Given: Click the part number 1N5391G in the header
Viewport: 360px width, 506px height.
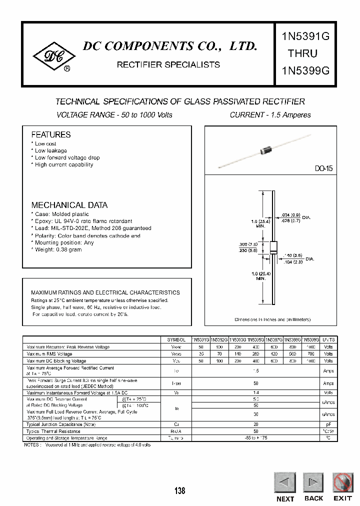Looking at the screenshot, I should tap(302, 36).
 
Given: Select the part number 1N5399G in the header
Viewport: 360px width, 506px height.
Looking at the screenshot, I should tap(302, 70).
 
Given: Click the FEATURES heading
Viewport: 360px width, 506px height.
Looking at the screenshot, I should tap(51, 134).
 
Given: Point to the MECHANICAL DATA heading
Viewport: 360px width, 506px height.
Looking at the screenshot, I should tap(69, 205).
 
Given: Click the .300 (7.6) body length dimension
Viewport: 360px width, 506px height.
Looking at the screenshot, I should tap(247, 244).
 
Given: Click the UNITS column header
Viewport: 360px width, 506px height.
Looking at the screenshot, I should tap(328, 339).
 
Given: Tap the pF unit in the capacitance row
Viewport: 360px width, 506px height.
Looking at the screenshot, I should tap(328, 424).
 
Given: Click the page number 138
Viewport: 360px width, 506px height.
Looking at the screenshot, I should tap(180, 490).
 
